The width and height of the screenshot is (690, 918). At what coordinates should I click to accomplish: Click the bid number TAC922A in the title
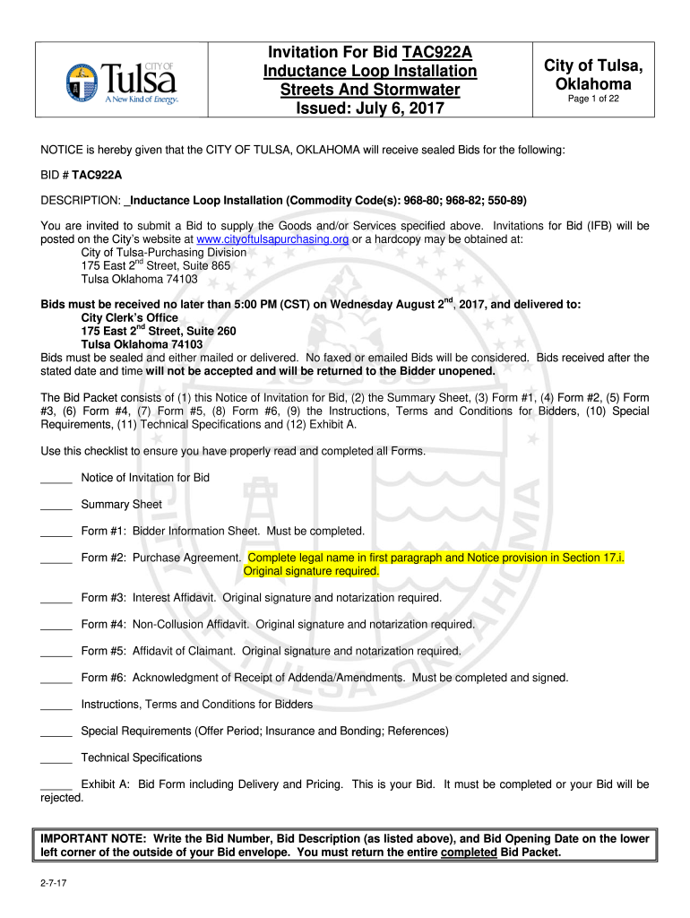439,51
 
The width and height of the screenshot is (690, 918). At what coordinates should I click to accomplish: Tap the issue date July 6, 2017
406,110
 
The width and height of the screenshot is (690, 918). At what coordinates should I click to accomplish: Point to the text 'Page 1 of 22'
592,100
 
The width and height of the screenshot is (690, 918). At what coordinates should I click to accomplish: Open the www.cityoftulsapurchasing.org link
272,239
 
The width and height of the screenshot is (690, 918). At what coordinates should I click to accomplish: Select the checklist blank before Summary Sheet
56,505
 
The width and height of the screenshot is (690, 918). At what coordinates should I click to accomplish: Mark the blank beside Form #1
56,532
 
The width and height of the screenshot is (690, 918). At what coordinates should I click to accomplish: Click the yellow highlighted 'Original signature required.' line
311,571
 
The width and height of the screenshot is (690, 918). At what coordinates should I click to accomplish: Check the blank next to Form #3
56,598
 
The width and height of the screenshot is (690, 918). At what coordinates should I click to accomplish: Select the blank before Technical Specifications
56,758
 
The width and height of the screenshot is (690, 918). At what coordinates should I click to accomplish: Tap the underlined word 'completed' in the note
469,853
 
